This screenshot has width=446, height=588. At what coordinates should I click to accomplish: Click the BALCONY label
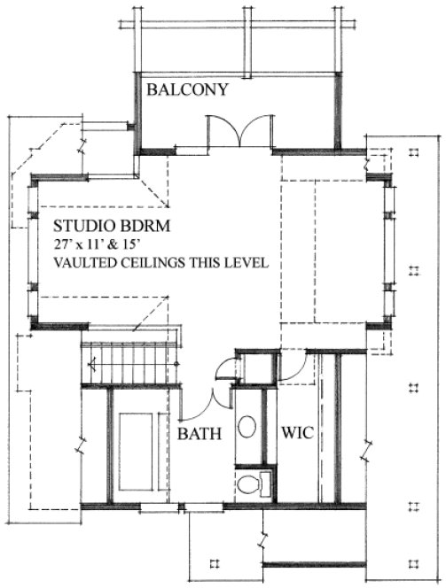[x=188, y=89]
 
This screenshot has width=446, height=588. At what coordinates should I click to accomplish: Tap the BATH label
[x=200, y=434]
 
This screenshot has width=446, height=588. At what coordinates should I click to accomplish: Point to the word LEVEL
[x=247, y=263]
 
